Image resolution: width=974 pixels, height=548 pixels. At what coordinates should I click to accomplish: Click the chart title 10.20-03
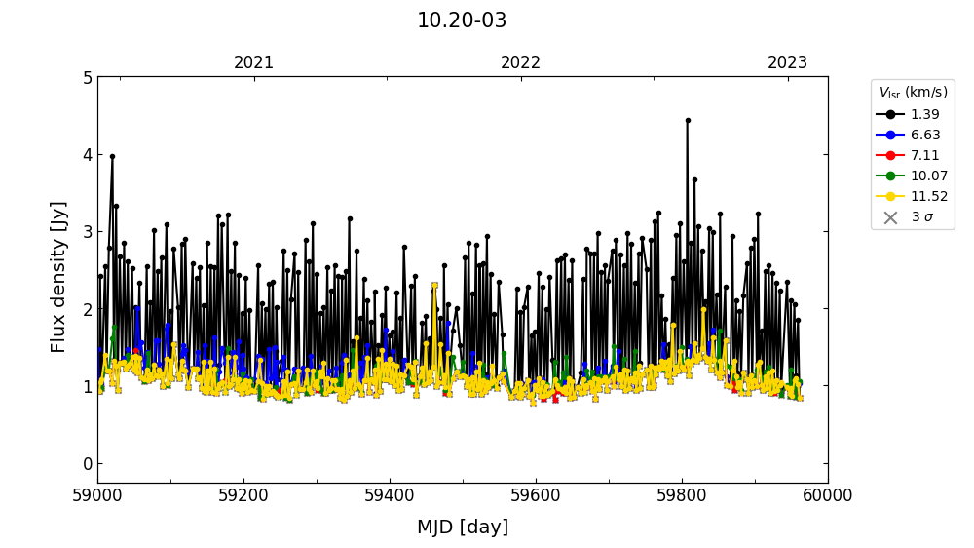coord(462,20)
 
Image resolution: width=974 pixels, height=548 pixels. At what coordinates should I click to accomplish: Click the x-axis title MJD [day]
coord(462,528)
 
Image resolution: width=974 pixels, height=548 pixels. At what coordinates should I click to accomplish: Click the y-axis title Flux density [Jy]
coord(59,277)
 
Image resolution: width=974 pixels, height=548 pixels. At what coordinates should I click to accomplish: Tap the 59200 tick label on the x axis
coord(243,495)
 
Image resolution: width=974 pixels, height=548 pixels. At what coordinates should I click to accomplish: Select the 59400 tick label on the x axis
coord(390,495)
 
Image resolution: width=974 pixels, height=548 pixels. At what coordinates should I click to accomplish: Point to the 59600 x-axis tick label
coord(536,495)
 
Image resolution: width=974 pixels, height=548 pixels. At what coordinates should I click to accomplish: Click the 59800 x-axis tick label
coord(682,495)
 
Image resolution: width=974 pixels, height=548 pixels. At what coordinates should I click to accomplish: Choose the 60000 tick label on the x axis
coord(827,495)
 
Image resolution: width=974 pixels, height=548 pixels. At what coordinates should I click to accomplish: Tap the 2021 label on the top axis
coord(254,62)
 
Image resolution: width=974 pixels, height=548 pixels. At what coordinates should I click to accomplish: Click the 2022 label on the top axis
coord(521,62)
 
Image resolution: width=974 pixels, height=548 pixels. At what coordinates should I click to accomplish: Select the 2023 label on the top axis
coord(788,62)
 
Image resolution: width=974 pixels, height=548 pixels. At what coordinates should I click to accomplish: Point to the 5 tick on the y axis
coord(87,77)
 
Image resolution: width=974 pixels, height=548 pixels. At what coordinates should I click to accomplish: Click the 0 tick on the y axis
coord(87,463)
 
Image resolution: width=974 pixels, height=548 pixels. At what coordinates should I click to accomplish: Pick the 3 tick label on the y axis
coord(87,232)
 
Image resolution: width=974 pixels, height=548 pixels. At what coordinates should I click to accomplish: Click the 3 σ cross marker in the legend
coord(890,217)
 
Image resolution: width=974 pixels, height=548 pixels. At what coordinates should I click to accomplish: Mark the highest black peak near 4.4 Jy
coord(688,121)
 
